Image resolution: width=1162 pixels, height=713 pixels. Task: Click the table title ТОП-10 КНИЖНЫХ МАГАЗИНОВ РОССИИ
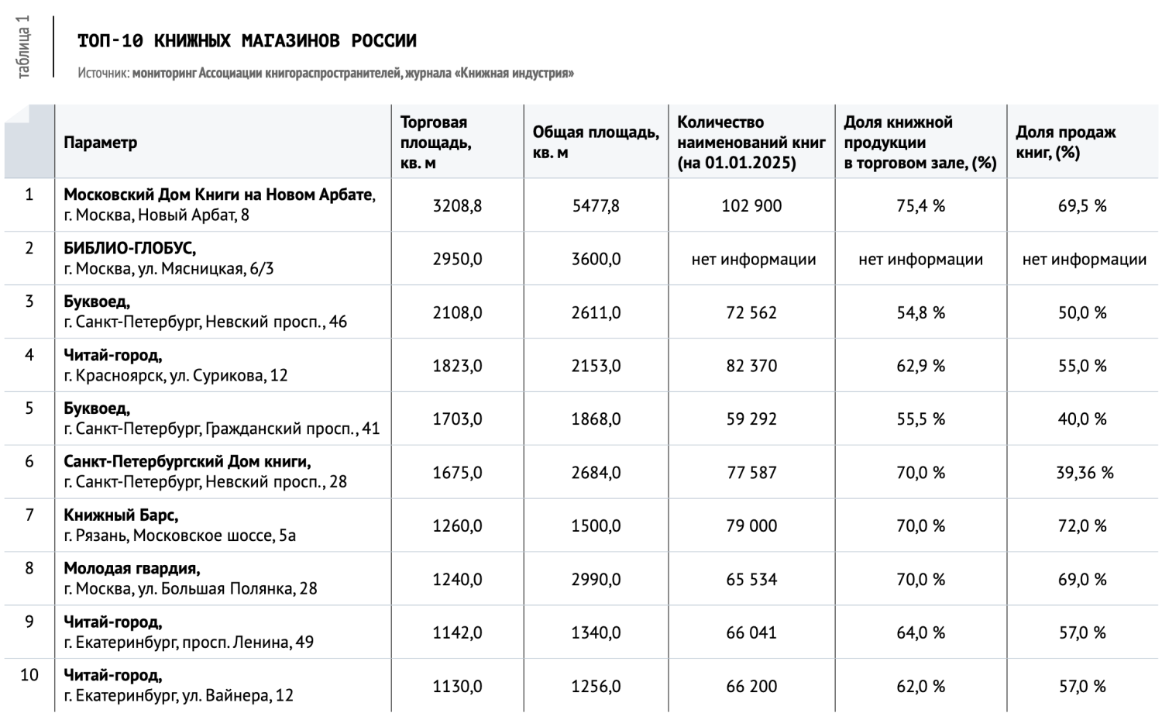247,40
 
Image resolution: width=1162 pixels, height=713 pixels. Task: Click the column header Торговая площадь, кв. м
435,143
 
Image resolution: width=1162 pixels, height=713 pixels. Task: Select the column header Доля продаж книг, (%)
1065,143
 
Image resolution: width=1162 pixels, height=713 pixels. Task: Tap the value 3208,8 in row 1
457,206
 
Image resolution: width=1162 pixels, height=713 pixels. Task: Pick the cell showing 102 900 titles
751,206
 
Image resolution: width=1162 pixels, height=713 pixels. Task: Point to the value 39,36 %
1084,473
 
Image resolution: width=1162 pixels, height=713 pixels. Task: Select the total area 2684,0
596,473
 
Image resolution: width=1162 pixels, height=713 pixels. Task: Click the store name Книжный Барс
121,515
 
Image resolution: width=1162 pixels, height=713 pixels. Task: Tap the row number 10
29,675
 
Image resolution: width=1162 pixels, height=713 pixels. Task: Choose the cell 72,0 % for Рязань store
1082,526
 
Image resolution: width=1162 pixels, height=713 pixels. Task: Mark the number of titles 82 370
751,366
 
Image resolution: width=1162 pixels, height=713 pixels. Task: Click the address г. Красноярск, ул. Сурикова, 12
176,376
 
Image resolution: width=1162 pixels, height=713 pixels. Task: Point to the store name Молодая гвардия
132,569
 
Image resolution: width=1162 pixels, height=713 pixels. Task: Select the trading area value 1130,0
457,687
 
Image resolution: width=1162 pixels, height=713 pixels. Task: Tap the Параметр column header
101,143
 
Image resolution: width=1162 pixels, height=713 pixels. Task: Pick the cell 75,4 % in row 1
920,206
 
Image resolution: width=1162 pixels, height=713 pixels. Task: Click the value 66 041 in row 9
751,633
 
